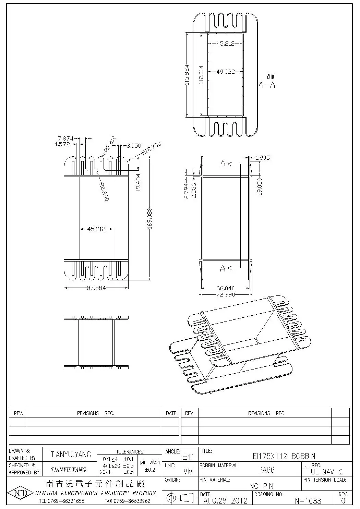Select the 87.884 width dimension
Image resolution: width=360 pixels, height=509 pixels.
pyautogui.click(x=96, y=288)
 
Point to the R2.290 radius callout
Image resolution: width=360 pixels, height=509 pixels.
pyautogui.click(x=104, y=191)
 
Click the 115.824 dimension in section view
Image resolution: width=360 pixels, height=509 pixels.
pyautogui.click(x=187, y=74)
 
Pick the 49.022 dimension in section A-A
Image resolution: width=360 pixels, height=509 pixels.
pyautogui.click(x=225, y=72)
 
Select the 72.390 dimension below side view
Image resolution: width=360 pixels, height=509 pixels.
pyautogui.click(x=225, y=294)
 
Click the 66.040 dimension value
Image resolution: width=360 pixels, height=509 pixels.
pyautogui.click(x=225, y=288)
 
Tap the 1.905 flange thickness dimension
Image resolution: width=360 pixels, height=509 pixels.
pyautogui.click(x=263, y=158)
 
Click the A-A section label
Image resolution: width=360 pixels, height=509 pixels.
pyautogui.click(x=267, y=85)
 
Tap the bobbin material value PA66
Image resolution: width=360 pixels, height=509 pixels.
pyautogui.click(x=266, y=470)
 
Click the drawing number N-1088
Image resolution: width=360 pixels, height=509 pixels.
pyautogui.click(x=308, y=501)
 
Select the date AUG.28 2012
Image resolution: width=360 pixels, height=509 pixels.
pyautogui.click(x=225, y=500)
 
